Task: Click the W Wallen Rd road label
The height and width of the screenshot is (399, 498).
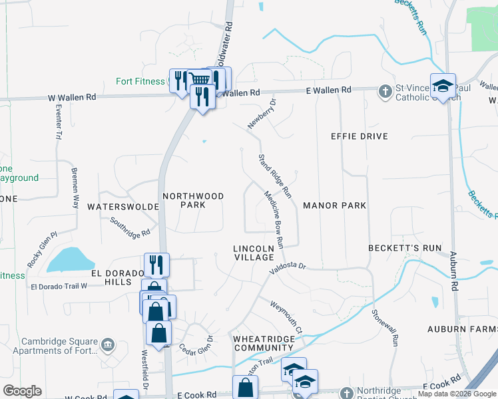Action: tap(73, 97)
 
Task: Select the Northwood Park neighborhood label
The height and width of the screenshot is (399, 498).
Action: tap(193, 200)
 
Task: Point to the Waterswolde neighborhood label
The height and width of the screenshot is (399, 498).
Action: tap(123, 207)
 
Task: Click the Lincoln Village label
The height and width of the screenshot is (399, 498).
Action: tap(254, 253)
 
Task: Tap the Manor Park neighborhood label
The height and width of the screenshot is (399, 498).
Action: tap(334, 205)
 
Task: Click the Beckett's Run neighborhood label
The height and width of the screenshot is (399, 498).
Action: tap(405, 248)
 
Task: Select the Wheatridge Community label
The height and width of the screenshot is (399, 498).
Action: tap(263, 343)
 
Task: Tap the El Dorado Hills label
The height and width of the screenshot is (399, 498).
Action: tap(119, 277)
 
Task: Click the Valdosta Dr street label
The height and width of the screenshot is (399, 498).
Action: tap(288, 268)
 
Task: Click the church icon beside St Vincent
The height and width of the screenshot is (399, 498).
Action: tap(385, 91)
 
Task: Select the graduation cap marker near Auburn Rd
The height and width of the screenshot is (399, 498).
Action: tap(443, 86)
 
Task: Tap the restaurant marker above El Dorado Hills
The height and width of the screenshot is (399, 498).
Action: tap(156, 265)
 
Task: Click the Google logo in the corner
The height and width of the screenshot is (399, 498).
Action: tap(22, 391)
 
